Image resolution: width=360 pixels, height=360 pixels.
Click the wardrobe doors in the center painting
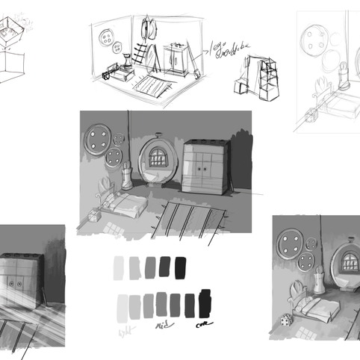[202, 171]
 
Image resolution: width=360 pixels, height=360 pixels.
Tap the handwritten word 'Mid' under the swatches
[161, 326]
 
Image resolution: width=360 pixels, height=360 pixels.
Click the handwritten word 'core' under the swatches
[202, 325]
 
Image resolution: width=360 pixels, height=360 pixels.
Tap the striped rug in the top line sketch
[151, 85]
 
